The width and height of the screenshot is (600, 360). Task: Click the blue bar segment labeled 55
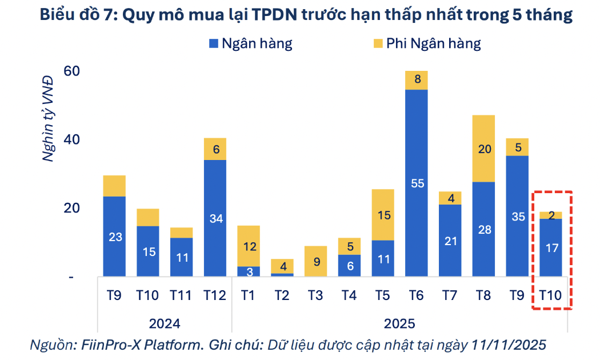point(417,183)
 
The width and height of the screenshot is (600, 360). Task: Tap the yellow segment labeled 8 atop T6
point(417,80)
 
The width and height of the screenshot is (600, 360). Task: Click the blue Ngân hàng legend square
point(214,43)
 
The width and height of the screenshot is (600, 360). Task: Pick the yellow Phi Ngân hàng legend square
point(378,43)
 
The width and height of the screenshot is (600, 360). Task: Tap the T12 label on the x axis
point(215,295)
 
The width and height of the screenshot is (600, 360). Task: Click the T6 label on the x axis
point(417,295)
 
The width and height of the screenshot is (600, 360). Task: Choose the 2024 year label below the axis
point(165,323)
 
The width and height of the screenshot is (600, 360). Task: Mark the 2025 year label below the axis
point(399,323)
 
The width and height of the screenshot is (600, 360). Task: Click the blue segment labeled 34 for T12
point(215,218)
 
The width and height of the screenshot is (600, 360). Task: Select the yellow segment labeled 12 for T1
point(249,246)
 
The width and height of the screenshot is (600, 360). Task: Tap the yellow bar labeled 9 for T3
point(316,261)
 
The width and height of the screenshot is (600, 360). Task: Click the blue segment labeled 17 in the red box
point(551,248)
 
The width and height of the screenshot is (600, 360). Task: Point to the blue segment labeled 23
point(114,237)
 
